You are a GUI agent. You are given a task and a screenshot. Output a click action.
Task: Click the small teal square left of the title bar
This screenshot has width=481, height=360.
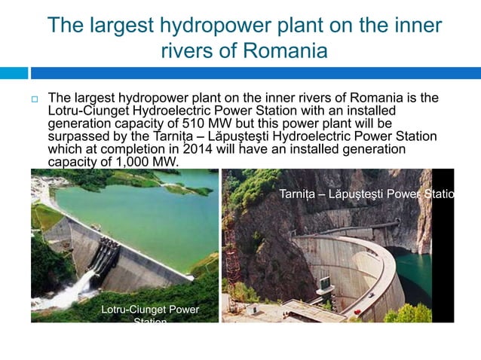pyautogui.click(x=14, y=73)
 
